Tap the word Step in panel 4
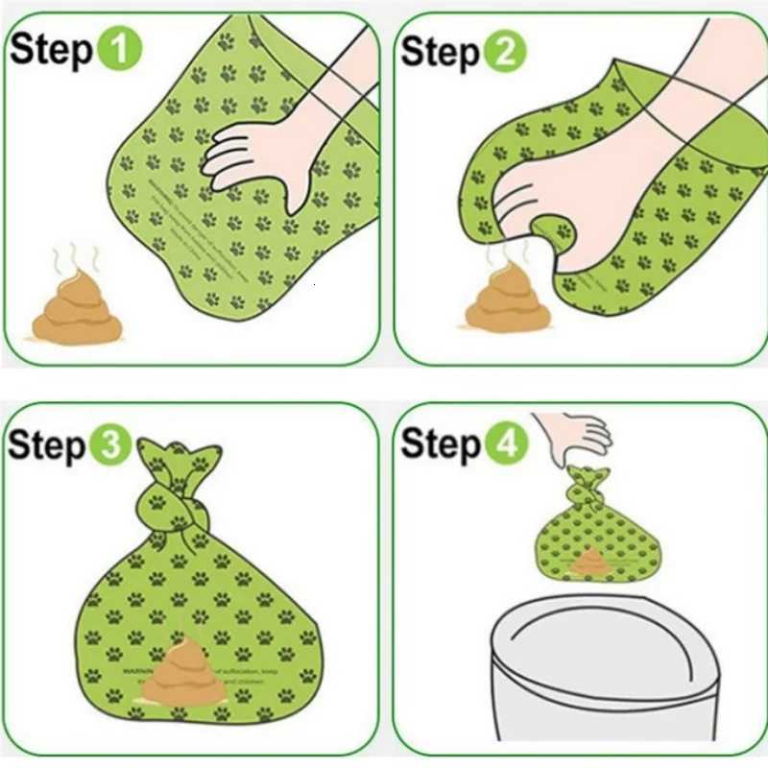click(441, 444)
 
